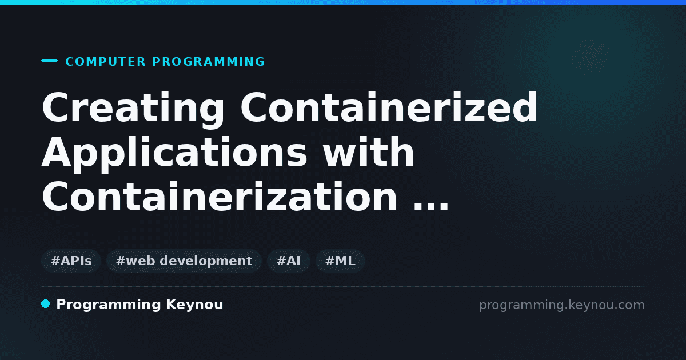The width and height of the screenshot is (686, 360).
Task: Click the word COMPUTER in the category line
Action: click(106, 62)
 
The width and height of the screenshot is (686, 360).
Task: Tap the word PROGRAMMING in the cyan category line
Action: click(209, 62)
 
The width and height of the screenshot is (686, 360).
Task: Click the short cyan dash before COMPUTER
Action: click(49, 61)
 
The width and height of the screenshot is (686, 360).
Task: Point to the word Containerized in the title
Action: click(389, 107)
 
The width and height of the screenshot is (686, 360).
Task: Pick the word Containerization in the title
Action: click(220, 196)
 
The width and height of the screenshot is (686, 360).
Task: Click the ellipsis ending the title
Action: click(431, 207)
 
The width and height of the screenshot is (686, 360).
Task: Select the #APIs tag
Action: click(71, 261)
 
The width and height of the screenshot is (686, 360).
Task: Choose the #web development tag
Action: click(184, 261)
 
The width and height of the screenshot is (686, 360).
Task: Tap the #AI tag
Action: click(289, 261)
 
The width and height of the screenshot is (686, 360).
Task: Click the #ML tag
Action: click(340, 261)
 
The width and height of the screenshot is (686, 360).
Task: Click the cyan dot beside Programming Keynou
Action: click(46, 304)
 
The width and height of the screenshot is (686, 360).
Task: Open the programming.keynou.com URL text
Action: click(562, 306)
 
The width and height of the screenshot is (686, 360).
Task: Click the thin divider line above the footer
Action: click(344, 286)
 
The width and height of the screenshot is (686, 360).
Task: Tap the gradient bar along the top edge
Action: click(343, 2)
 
